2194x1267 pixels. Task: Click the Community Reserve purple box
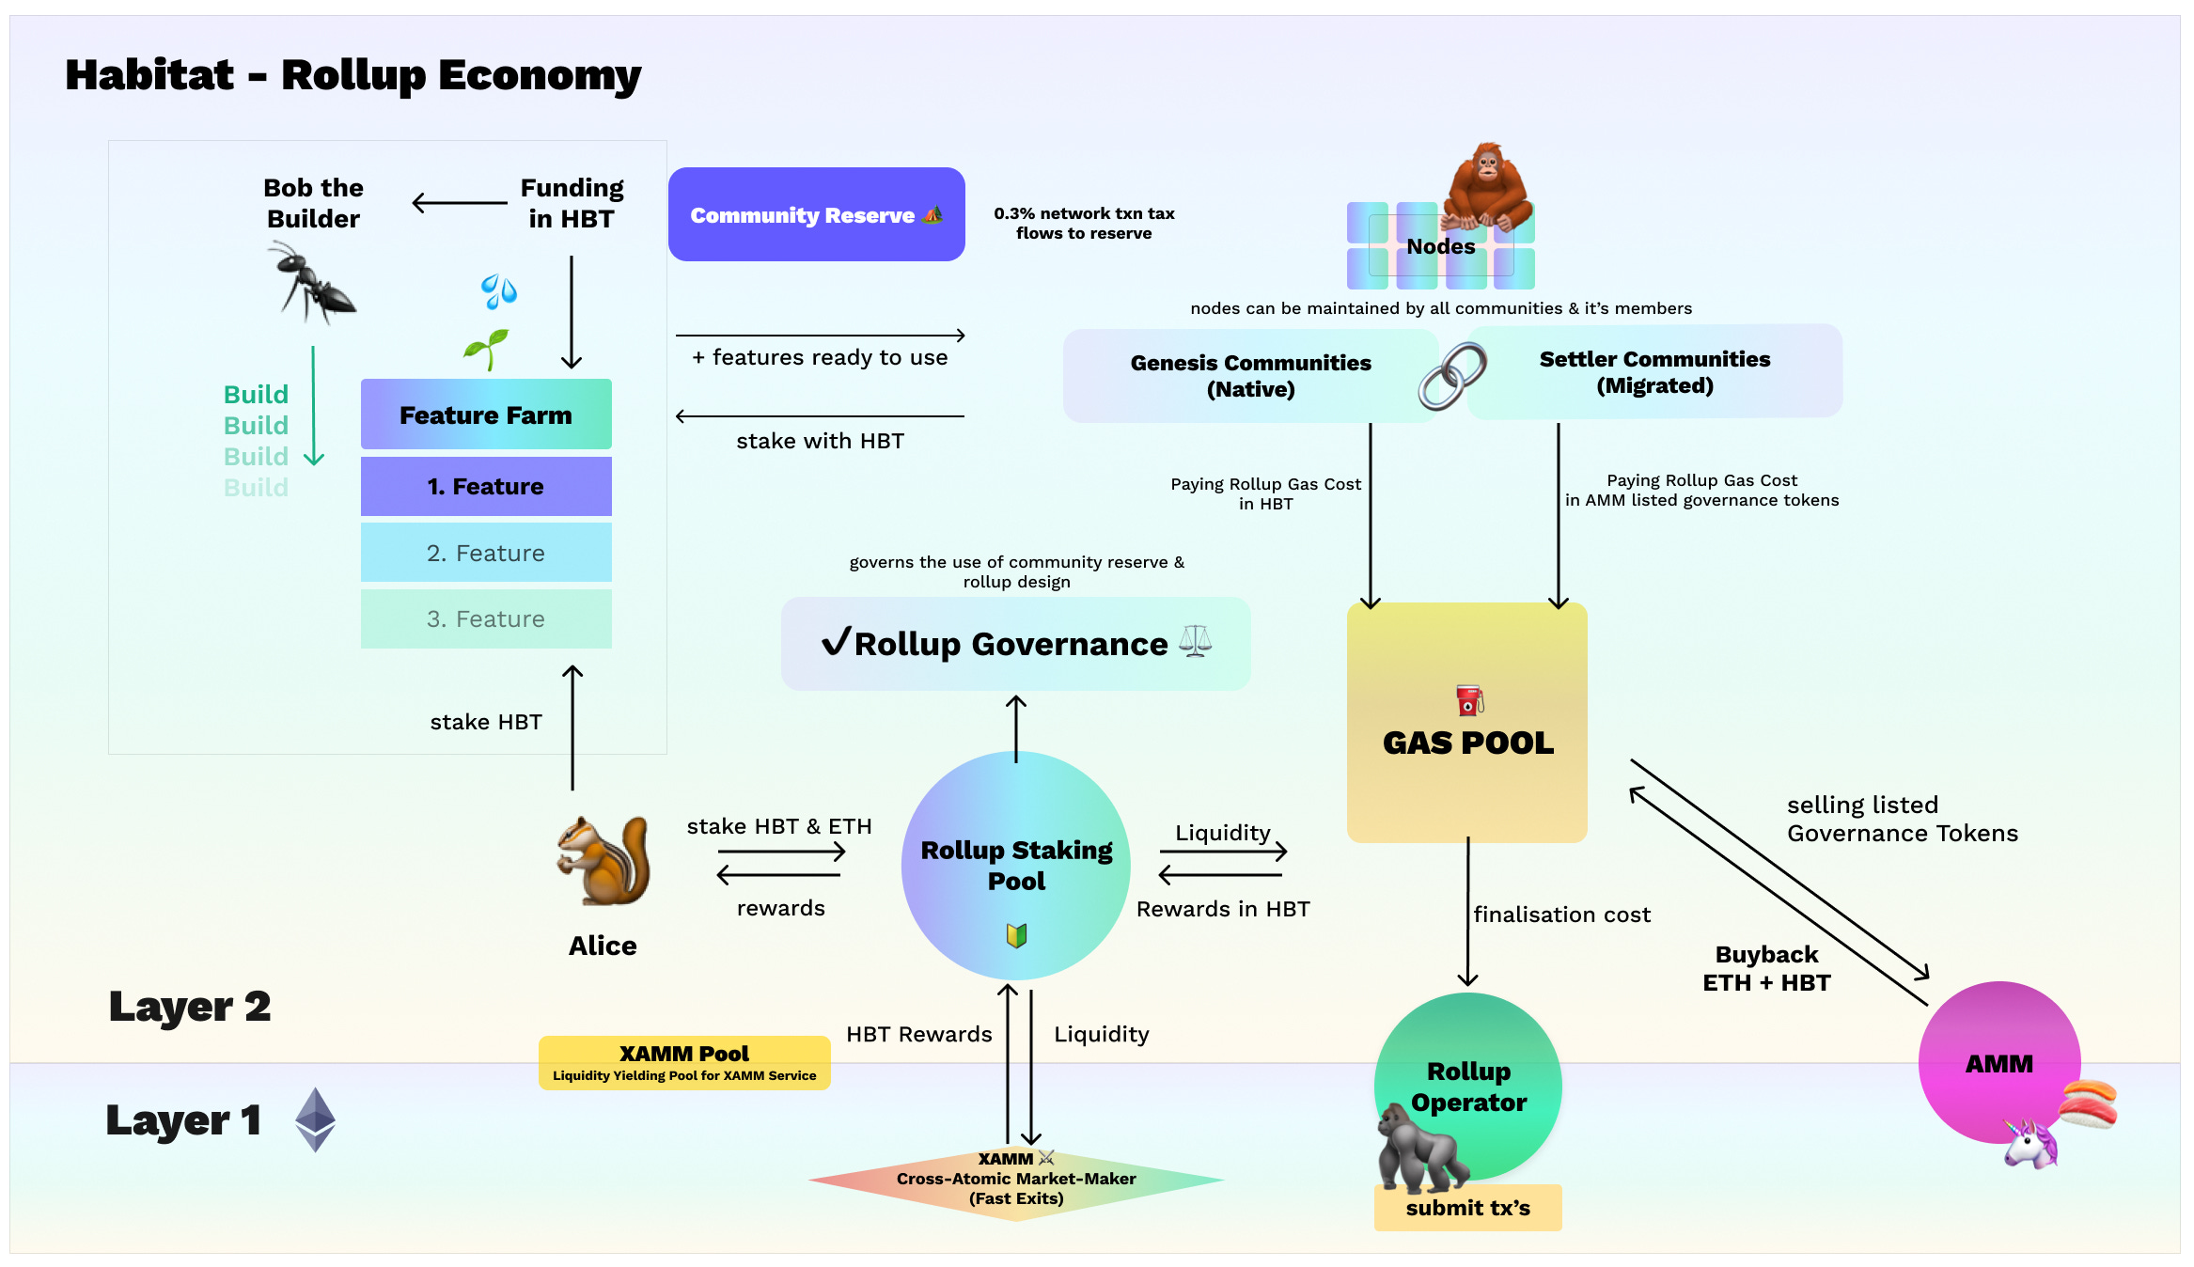coord(816,214)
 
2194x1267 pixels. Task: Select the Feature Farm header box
coord(486,414)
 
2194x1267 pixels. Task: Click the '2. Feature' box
coord(486,553)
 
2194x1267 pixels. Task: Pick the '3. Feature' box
coord(486,618)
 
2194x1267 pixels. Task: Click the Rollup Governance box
coord(1015,644)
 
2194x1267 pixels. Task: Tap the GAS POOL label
coord(1468,743)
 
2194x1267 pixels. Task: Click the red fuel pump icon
coord(1469,700)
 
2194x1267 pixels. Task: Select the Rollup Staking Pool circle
coord(1016,865)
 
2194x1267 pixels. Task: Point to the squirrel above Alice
coord(603,860)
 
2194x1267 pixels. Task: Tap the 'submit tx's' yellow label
coord(1467,1208)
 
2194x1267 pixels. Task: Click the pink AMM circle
coord(1999,1063)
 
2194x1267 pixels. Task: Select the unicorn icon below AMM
coord(2030,1143)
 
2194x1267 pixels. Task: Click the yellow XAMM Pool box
coord(684,1063)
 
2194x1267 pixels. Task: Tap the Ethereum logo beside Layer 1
coord(315,1119)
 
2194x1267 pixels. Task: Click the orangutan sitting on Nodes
coord(1487,186)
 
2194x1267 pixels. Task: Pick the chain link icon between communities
coord(1452,376)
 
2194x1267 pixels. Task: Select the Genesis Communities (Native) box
coord(1250,376)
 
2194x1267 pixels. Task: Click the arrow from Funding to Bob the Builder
coord(460,202)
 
